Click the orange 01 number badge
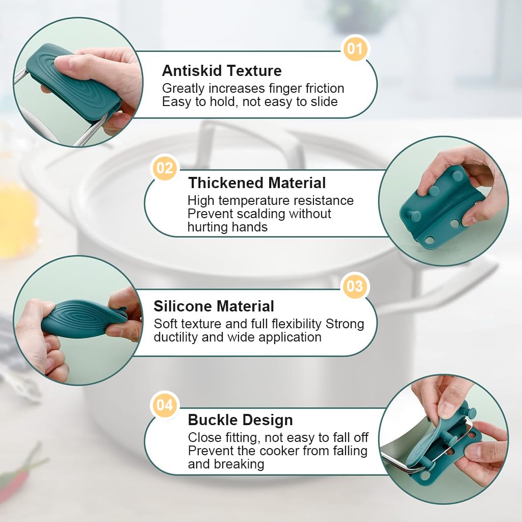tap(355, 49)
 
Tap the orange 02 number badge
tap(165, 168)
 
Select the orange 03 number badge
tap(355, 286)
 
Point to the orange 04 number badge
tap(165, 405)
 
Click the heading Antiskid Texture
tap(222, 70)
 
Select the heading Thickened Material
tap(257, 183)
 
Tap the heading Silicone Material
tap(214, 306)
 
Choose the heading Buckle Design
tap(240, 420)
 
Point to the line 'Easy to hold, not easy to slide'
tap(250, 102)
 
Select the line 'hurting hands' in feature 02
tap(227, 227)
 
